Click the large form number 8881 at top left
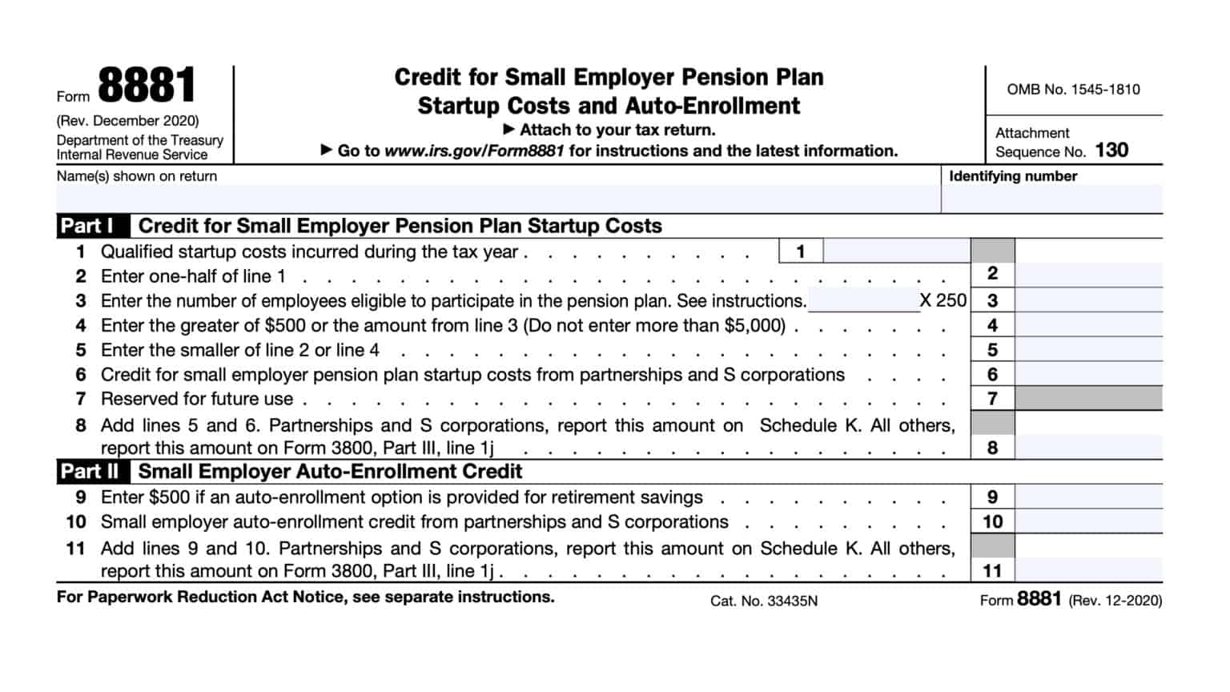(x=147, y=86)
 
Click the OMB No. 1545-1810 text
(x=1073, y=90)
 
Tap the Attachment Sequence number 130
(x=1111, y=151)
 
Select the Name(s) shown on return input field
(x=496, y=199)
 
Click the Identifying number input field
(x=1051, y=199)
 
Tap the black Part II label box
(x=89, y=471)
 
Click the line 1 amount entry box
(x=895, y=251)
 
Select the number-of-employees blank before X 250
(x=862, y=301)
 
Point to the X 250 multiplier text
(x=943, y=301)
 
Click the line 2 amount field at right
(x=1087, y=275)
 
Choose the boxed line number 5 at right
(x=992, y=350)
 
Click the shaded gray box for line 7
(x=1087, y=398)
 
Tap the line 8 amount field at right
(x=1087, y=447)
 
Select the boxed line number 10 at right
(x=992, y=521)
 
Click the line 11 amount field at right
(x=1087, y=570)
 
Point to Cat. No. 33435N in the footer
(x=763, y=601)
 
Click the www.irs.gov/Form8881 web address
(x=474, y=151)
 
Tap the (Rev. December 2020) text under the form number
(x=127, y=121)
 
